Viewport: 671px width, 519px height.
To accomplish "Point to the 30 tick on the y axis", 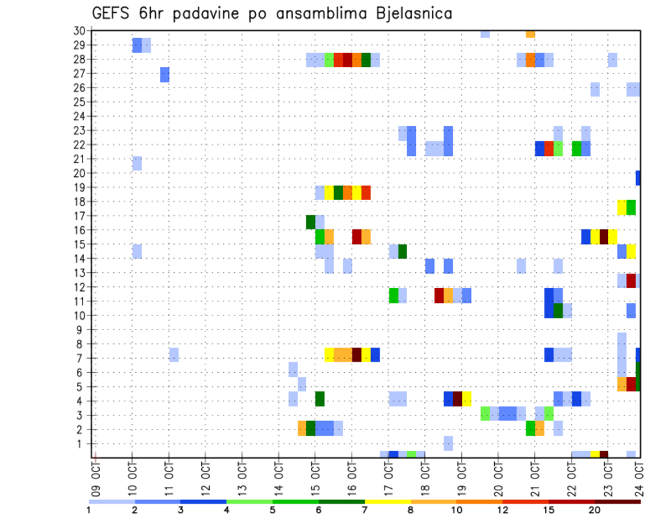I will (x=79, y=31).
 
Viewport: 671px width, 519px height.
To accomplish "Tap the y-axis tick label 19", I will (x=79, y=187).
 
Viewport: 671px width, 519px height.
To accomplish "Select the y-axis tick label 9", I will (x=82, y=329).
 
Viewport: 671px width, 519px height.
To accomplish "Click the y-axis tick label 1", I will (x=82, y=443).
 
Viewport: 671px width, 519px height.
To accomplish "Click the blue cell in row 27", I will (x=165, y=74).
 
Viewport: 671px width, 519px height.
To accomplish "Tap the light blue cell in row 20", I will (x=137, y=163).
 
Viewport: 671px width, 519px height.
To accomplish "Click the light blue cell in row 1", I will (x=448, y=443).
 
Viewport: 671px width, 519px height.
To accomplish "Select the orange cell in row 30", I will (x=531, y=34).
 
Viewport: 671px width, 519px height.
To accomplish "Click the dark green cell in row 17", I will (x=311, y=222).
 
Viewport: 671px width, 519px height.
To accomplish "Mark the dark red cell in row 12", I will (x=631, y=280).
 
